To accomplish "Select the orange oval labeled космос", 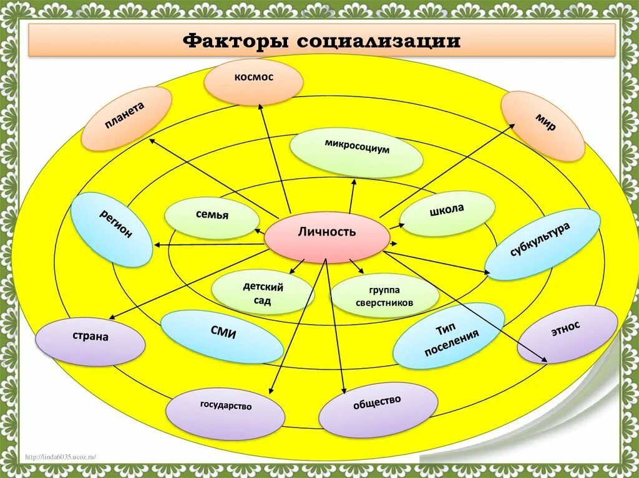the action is coord(254,81).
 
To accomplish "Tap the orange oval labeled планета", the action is coord(127,118).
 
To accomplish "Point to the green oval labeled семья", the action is coord(212,217).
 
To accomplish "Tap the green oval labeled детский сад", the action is coord(262,293).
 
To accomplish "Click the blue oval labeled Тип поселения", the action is coord(449,336).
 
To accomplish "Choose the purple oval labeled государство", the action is coord(225,412).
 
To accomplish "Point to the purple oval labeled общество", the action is coord(378,405).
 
